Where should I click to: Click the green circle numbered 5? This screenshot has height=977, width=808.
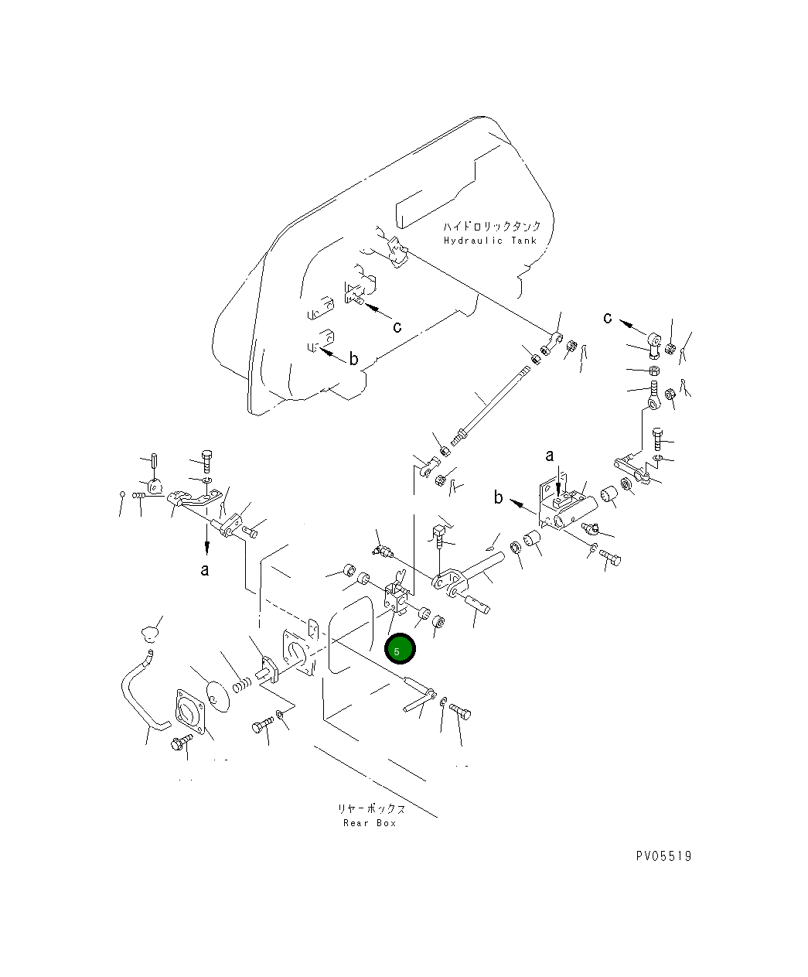point(400,649)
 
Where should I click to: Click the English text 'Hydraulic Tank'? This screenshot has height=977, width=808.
point(489,241)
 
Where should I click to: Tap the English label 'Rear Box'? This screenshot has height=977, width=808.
point(370,823)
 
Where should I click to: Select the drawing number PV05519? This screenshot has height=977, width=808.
point(663,856)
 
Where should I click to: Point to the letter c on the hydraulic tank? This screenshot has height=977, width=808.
point(397,326)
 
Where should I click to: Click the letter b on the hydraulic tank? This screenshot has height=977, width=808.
point(353,359)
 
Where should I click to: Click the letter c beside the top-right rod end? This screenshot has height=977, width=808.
point(609,317)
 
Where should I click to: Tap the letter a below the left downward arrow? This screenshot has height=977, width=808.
point(205,570)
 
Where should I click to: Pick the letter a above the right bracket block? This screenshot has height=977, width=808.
point(550,455)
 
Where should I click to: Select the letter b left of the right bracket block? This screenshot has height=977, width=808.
point(499,497)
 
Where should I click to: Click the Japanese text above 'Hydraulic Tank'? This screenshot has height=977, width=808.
point(492,227)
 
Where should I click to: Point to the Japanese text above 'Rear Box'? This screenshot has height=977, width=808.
point(370,808)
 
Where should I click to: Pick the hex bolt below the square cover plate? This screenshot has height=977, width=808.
point(180,744)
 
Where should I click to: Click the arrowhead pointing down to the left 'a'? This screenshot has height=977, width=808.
point(206,547)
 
